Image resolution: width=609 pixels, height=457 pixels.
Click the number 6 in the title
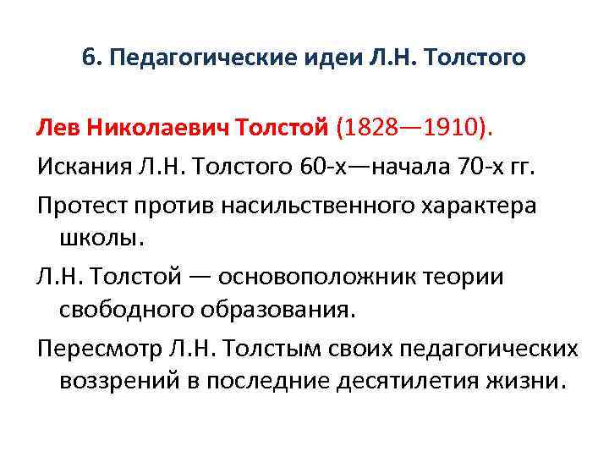pyautogui.click(x=88, y=58)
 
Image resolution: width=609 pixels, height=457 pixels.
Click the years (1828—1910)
pyautogui.click(x=414, y=129)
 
